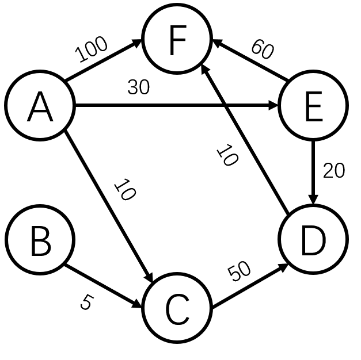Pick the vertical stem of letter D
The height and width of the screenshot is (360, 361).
click(303, 241)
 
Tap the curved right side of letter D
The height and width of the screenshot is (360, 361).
click(324, 241)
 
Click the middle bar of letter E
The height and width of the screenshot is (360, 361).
click(313, 106)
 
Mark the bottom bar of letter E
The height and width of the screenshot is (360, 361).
click(314, 120)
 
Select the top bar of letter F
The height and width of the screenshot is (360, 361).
click(178, 28)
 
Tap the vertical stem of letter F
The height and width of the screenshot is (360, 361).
click(171, 43)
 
